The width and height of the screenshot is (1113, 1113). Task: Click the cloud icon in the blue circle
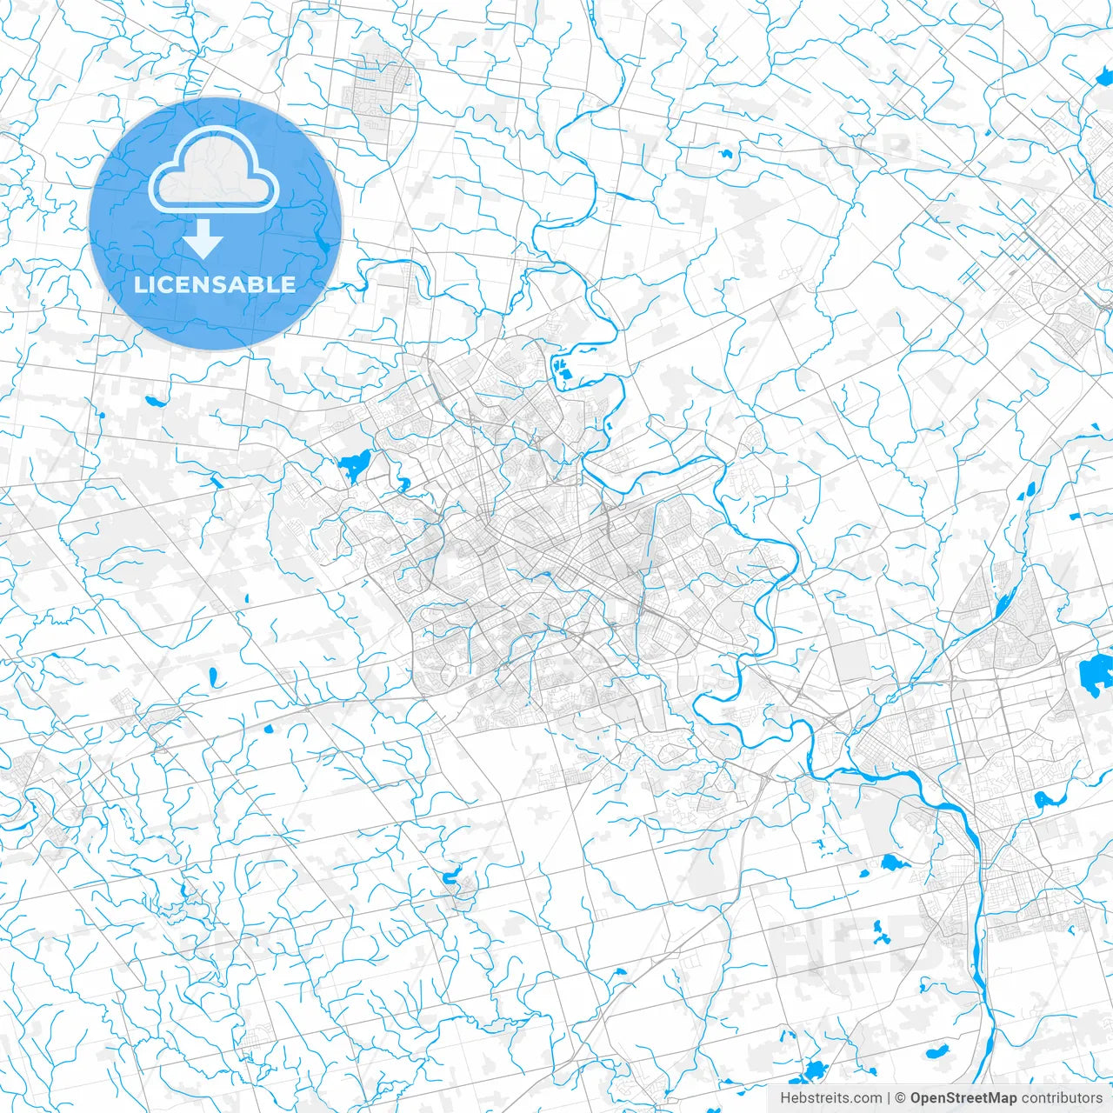tap(214, 171)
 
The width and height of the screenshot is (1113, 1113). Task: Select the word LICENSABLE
tap(214, 284)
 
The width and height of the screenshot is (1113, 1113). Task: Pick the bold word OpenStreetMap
tap(963, 1098)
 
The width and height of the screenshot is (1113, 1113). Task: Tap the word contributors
tap(1061, 1098)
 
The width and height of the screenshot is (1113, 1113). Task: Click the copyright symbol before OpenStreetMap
tap(901, 1098)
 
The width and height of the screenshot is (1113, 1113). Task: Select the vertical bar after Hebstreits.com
tap(889, 1098)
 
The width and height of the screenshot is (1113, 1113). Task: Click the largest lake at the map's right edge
tap(1096, 673)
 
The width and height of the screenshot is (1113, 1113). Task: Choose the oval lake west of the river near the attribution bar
tap(937, 1051)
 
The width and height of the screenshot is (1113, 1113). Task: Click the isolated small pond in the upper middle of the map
tap(725, 154)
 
